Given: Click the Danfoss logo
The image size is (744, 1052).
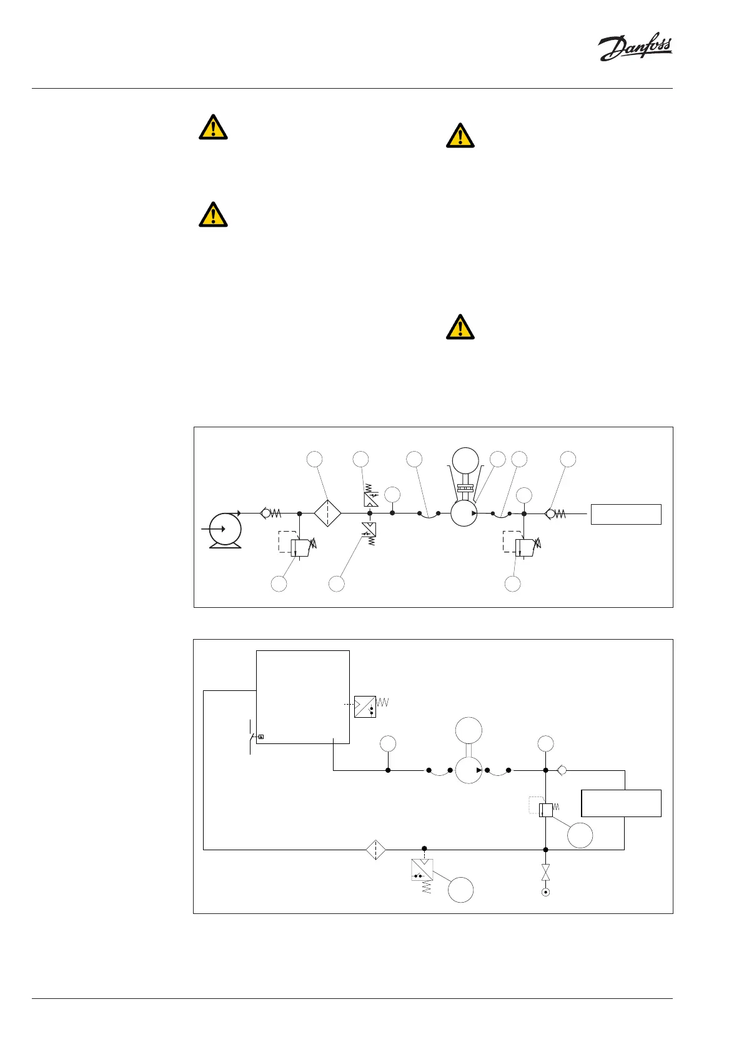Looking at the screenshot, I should point(635,49).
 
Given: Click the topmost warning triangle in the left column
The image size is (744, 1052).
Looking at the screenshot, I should point(213,127).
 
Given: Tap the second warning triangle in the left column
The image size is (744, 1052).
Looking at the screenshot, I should point(213,214).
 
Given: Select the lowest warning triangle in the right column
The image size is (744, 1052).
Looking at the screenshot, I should point(460,327).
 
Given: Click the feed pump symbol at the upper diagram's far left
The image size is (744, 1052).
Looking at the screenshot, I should point(225,530).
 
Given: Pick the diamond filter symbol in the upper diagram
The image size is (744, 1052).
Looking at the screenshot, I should point(327,514).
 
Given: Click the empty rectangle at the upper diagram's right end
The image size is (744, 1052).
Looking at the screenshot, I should point(626,514).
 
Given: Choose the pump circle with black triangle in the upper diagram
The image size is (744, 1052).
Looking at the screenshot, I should point(464,514).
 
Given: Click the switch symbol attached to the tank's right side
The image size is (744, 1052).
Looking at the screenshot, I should point(365,706).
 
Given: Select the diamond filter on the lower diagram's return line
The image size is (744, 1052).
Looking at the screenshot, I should point(376,850).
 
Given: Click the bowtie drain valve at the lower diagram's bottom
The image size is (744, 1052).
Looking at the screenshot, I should point(545,873).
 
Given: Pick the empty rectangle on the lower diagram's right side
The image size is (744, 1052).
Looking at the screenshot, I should point(621,803).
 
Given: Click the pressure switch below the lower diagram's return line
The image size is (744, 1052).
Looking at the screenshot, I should point(422,870).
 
